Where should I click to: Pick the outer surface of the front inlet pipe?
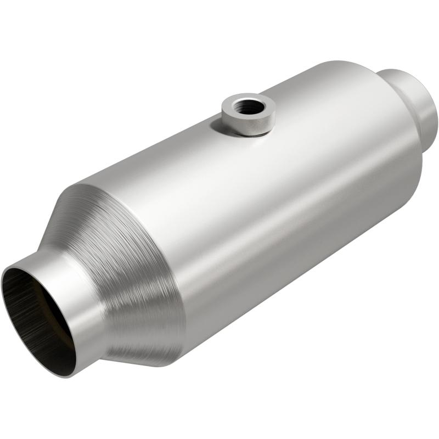(x=82, y=307)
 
